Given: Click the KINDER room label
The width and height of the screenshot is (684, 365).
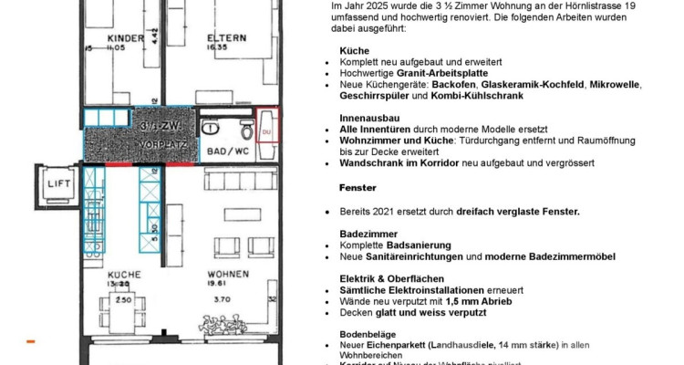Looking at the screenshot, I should click(125, 37).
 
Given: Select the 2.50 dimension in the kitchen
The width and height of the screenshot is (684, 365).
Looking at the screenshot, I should click(124, 298).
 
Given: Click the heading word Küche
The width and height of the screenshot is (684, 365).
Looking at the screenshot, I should click(353, 52).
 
